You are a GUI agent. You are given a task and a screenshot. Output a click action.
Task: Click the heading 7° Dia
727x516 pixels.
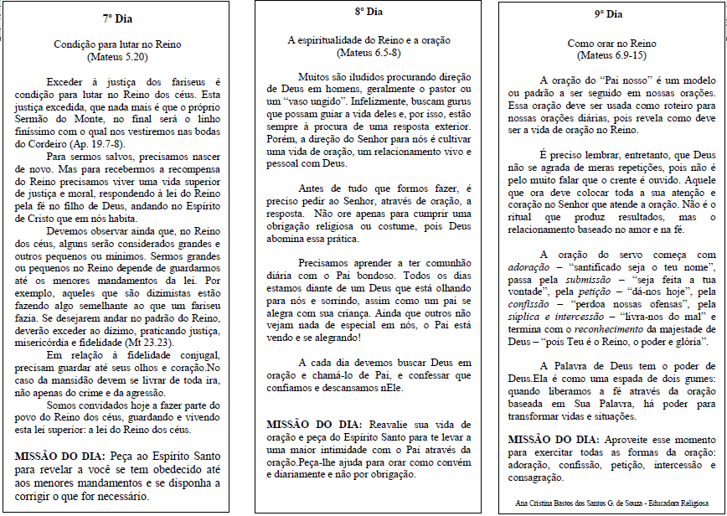120,17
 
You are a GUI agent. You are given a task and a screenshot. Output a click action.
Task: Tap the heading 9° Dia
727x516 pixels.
608,14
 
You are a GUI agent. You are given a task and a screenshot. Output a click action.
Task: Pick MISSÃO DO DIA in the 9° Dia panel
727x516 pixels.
553,441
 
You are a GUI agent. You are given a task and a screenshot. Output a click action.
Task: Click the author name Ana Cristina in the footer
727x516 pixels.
540,504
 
